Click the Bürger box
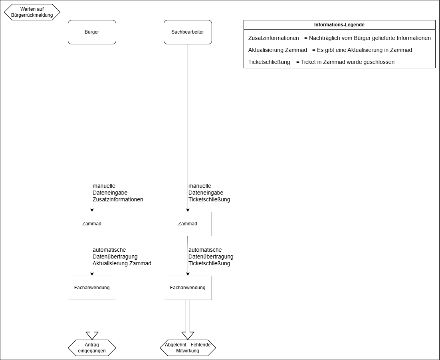pos(92,32)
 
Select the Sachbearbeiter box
pos(188,32)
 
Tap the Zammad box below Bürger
pos(92,224)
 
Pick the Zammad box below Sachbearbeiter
pos(188,224)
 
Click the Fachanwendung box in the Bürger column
pos(92,288)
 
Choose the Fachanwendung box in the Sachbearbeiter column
pos(188,288)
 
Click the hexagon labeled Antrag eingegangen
pos(92,348)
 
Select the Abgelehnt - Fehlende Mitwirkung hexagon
pos(188,348)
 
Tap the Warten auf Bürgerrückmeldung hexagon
pos(32,12)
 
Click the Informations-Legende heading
pos(339,25)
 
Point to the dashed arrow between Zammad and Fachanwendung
pos(92,256)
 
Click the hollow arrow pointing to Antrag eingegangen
pos(92,320)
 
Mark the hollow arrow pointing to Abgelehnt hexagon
pos(188,320)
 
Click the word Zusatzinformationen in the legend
pos(274,38)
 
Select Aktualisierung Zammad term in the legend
pos(277,50)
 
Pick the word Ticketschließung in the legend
pos(269,62)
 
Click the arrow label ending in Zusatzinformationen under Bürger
pos(118,193)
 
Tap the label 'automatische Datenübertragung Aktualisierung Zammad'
pos(122,257)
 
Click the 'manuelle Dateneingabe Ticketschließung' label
pos(209,193)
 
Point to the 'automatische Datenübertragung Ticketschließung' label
pos(211,257)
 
